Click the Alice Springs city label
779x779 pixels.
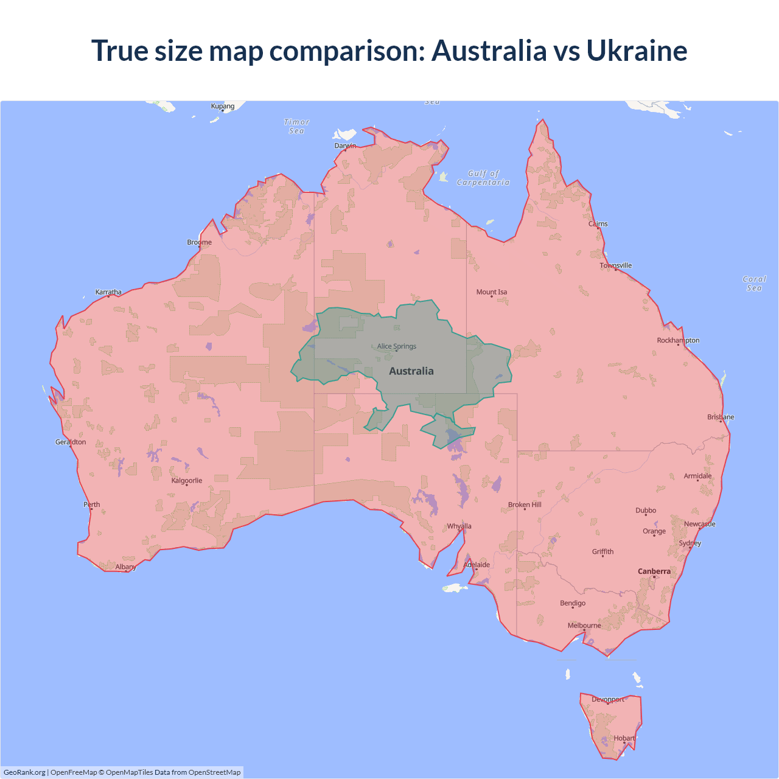397,346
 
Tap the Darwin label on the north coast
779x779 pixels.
345,145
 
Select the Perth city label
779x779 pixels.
92,505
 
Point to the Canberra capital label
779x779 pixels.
654,571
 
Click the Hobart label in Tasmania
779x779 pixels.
624,738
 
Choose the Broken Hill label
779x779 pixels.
525,505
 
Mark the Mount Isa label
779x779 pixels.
492,292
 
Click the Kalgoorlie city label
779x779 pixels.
187,481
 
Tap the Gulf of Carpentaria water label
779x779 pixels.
483,178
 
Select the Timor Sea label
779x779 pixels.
297,127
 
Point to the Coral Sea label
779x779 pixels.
754,284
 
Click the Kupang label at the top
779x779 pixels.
223,106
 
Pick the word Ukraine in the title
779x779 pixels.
637,51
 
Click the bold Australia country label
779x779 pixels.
411,371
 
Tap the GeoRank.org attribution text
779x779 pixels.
24,772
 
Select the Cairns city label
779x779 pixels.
598,224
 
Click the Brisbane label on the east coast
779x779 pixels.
721,417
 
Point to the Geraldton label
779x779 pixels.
71,442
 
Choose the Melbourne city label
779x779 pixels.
584,626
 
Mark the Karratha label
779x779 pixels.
108,292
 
